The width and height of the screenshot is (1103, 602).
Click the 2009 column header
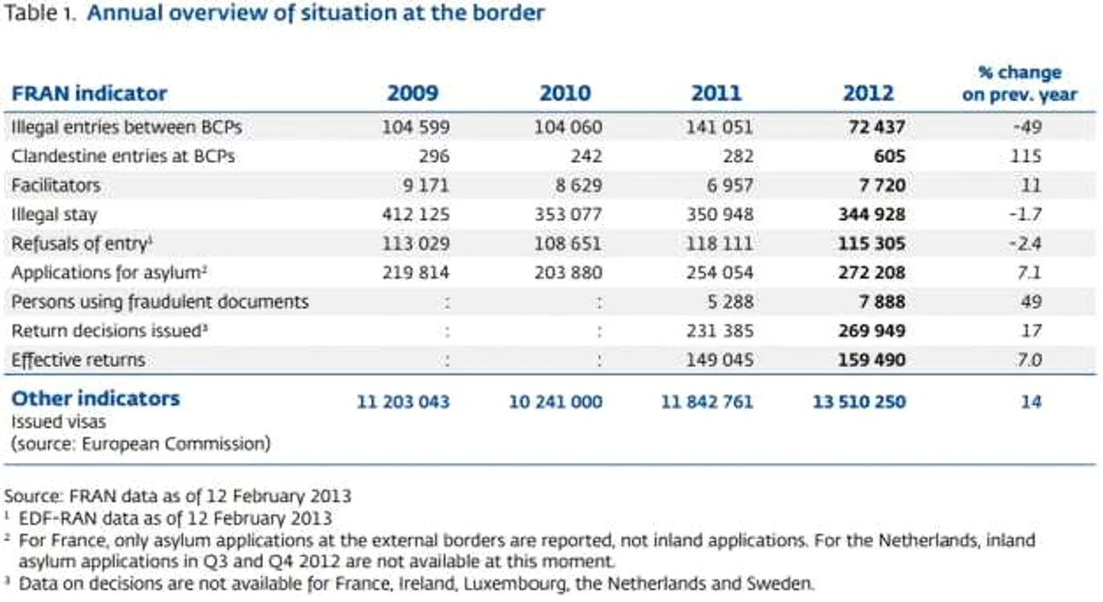[412, 93]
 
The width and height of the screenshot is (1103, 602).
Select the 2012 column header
[869, 93]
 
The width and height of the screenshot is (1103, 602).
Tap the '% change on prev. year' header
[1020, 83]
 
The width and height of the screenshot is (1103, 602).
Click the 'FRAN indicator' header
[89, 93]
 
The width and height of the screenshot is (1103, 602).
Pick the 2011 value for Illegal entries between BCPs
[720, 127]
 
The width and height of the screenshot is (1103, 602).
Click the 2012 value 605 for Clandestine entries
[890, 157]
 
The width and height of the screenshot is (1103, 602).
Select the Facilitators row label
[55, 185]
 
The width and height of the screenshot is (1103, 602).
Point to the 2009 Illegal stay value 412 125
[416, 214]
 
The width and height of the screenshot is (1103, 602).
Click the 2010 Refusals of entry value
[568, 243]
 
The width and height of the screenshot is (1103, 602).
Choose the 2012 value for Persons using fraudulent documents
[882, 302]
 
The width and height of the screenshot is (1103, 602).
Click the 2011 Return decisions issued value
[720, 331]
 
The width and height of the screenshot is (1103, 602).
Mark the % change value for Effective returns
[1029, 360]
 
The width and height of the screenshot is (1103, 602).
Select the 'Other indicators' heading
[95, 398]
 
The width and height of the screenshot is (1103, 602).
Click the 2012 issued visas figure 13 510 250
[859, 402]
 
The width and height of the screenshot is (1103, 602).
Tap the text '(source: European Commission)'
[141, 444]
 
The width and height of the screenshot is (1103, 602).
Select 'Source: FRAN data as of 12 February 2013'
[178, 495]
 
